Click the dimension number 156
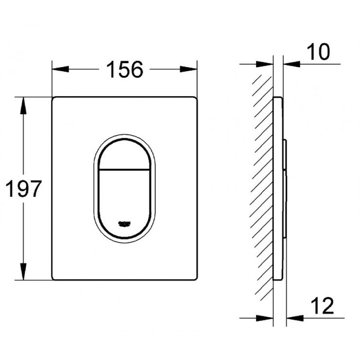pos(125,70)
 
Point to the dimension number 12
pos(321,306)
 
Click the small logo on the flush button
pos(125,224)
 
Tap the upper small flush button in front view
pos(125,153)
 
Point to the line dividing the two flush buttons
pos(125,170)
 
